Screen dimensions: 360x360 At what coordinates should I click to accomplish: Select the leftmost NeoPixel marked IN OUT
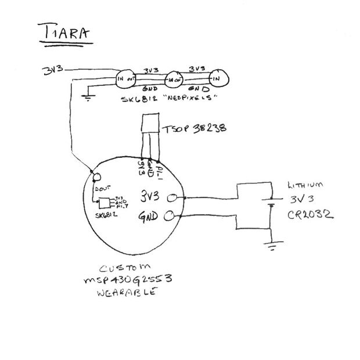[126, 78]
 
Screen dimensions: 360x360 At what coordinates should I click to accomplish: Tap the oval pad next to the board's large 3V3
[172, 198]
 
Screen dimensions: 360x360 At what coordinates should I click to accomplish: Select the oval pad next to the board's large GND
[170, 217]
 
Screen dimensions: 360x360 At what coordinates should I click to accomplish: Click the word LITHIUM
[304, 186]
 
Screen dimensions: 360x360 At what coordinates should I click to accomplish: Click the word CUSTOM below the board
[124, 269]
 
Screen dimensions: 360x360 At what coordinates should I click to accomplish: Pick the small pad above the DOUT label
[96, 176]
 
